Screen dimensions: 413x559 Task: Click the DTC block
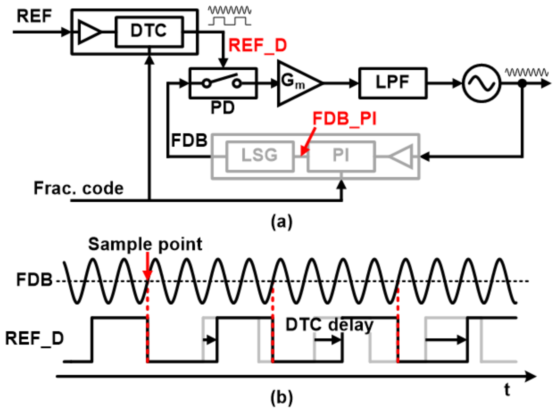149,32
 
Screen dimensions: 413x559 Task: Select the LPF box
393,83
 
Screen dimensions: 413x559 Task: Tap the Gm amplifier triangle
295,83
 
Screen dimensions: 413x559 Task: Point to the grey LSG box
260,156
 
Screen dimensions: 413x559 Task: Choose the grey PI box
341,156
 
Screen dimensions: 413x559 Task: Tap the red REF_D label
257,46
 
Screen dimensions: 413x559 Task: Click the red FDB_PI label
344,119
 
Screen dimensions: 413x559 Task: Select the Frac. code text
79,188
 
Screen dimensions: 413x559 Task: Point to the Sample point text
145,244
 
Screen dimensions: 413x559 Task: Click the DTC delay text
329,325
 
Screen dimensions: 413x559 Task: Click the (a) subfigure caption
281,222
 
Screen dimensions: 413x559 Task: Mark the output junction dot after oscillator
522,83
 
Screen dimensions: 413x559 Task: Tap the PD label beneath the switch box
222,108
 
